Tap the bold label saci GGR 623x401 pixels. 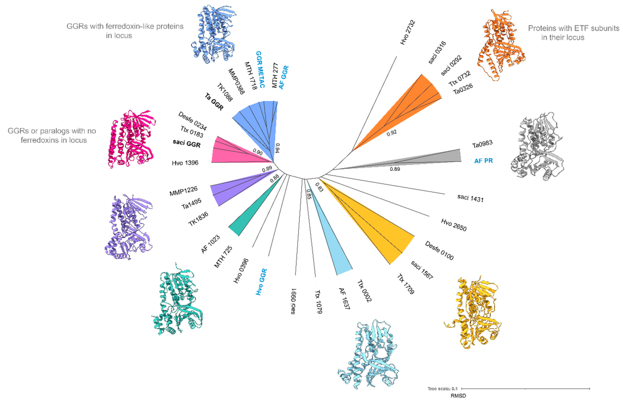(187, 143)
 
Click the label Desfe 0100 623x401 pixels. (439, 250)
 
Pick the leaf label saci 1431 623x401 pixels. (470, 198)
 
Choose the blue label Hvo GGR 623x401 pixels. (261, 282)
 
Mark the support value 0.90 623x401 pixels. (258, 152)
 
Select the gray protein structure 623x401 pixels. (537, 147)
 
